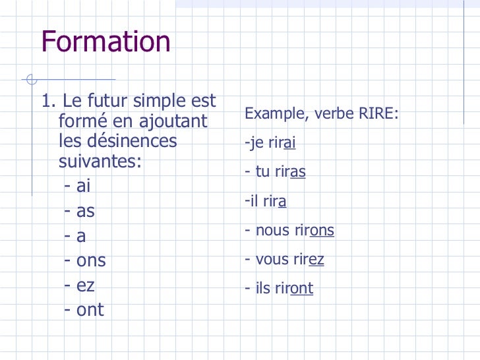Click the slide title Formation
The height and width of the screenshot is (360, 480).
coord(106,42)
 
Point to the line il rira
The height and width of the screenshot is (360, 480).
coord(265,201)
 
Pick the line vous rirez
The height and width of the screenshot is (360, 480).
coord(284,259)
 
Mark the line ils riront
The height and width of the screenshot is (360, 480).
coord(279,288)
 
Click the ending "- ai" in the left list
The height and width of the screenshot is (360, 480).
coord(78,186)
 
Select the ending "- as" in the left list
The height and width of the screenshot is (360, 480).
coord(80,212)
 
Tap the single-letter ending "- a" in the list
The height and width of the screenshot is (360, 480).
coord(75,236)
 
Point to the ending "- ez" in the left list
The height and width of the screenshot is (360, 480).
coord(80,285)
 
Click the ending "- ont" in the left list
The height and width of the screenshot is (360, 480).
coord(84,310)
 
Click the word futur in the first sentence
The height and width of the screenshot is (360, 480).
coord(107,102)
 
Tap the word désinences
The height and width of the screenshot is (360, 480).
coord(117,141)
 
